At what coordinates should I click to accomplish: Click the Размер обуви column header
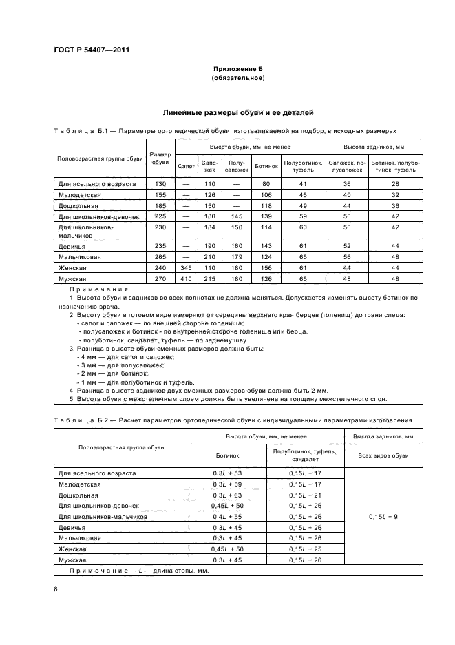tap(160, 158)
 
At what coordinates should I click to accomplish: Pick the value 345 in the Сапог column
tap(186, 267)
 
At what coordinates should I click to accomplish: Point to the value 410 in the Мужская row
tap(186, 279)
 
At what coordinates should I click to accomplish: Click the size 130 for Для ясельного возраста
tap(160, 184)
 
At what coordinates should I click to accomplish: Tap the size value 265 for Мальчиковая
tap(160, 256)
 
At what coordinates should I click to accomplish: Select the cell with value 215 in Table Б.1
tap(209, 279)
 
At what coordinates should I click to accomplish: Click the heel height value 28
tap(395, 184)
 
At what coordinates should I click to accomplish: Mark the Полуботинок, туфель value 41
tap(303, 184)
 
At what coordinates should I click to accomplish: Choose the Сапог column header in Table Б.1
tap(186, 166)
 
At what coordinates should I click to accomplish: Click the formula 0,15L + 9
tap(383, 516)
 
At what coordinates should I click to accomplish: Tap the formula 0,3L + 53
tap(228, 473)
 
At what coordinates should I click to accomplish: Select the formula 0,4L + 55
tap(228, 516)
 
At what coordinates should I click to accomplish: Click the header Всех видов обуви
tap(383, 455)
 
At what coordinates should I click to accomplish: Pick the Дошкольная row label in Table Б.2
tap(80, 495)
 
